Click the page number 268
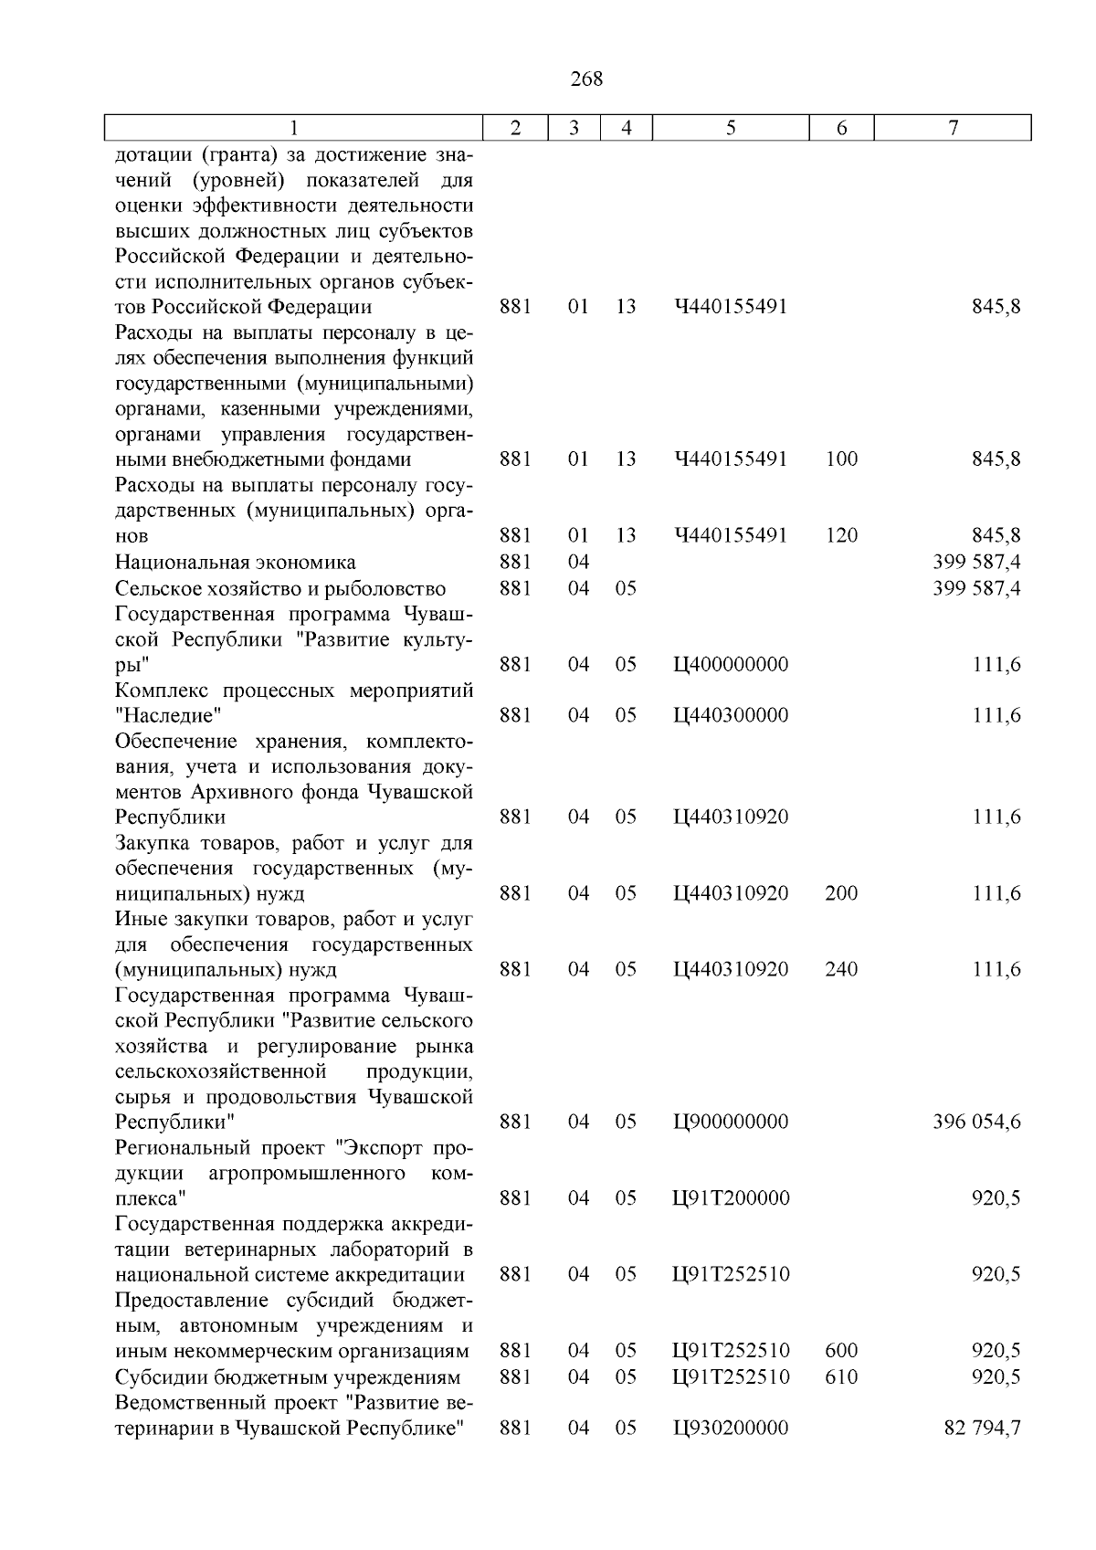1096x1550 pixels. tap(586, 79)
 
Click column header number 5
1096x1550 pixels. tap(731, 129)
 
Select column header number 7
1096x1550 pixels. tap(953, 129)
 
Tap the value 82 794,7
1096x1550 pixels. tap(982, 1428)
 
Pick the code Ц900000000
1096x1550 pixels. tap(731, 1122)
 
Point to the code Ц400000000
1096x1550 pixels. tap(731, 665)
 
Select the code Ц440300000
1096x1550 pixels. tap(731, 715)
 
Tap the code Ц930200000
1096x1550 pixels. tap(731, 1428)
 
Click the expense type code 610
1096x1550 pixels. tap(841, 1376)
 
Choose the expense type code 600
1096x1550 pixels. tap(841, 1351)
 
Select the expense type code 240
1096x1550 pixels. tap(841, 969)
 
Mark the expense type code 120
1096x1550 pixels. tap(841, 536)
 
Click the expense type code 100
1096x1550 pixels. tap(841, 459)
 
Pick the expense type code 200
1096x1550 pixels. tap(841, 893)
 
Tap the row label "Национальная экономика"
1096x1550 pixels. tap(236, 563)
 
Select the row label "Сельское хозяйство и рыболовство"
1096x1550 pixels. tap(280, 588)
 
